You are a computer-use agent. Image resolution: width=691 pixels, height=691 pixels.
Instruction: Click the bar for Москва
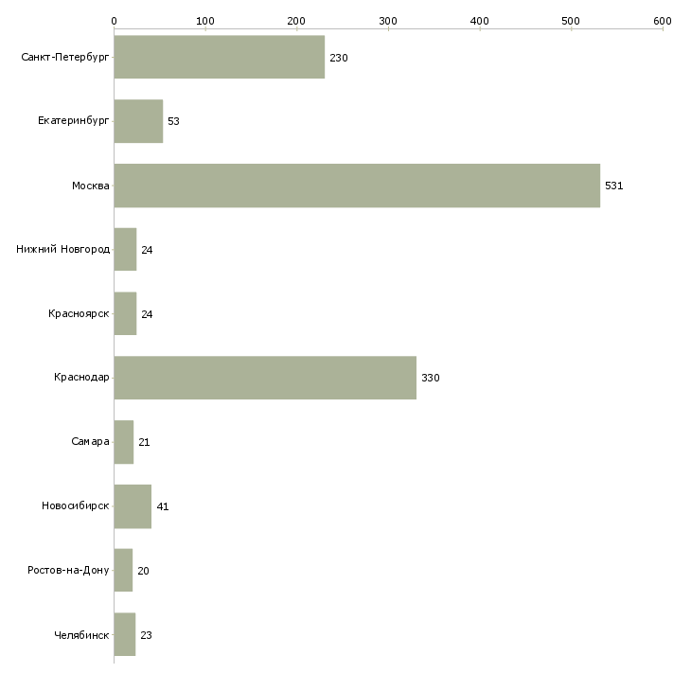[357, 186]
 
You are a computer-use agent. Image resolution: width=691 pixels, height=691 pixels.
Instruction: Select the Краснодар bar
[265, 378]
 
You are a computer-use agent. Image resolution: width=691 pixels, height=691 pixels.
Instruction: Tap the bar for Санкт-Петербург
[219, 58]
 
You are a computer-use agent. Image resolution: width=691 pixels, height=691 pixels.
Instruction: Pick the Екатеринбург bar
[138, 121]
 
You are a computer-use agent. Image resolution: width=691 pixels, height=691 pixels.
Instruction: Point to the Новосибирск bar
[133, 506]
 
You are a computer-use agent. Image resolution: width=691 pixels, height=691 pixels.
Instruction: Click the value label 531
[613, 186]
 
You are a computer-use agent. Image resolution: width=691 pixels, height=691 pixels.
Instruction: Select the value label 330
[430, 379]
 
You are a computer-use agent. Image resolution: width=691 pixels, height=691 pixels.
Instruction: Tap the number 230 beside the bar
[339, 59]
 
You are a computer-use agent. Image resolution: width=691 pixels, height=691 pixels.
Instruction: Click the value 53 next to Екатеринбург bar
[173, 122]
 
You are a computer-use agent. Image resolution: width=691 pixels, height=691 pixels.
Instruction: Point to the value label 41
[162, 507]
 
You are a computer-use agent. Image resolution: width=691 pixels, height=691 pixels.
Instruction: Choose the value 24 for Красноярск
[147, 314]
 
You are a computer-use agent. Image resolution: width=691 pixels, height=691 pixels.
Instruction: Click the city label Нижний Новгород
[62, 250]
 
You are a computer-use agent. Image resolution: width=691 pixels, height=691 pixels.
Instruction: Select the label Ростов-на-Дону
[68, 571]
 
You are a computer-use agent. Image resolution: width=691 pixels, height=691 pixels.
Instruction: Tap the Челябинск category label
[81, 635]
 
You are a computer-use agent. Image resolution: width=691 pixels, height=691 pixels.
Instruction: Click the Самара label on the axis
[90, 442]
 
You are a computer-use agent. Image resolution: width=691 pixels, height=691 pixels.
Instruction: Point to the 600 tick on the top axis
[662, 20]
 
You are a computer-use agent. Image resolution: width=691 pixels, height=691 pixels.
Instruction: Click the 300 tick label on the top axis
[388, 20]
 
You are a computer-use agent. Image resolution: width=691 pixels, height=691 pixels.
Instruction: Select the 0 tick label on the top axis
[114, 20]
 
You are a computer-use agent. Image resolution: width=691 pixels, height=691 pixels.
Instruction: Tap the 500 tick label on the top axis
[571, 20]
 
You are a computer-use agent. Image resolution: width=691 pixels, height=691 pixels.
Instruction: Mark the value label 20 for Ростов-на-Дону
[143, 572]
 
